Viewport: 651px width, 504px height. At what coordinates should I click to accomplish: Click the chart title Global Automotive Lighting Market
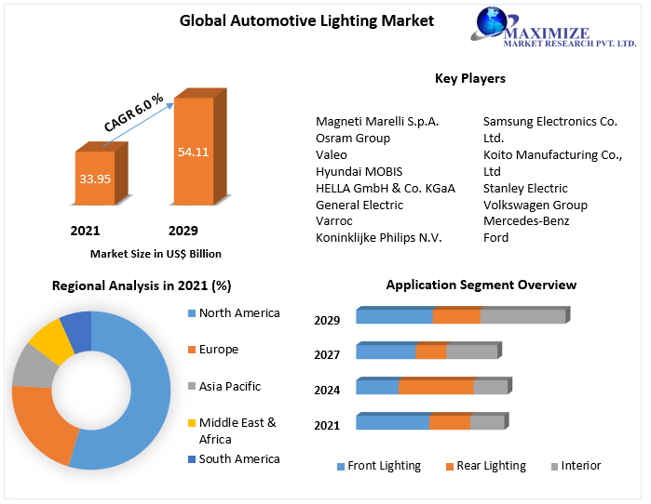click(306, 20)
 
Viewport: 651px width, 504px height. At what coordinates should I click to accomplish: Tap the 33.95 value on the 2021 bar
click(94, 178)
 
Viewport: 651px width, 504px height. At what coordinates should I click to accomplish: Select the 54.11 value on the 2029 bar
click(193, 151)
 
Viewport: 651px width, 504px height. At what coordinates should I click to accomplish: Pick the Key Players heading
click(470, 78)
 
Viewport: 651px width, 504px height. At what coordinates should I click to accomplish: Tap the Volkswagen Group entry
click(535, 205)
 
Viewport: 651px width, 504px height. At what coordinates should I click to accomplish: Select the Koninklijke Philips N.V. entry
click(378, 238)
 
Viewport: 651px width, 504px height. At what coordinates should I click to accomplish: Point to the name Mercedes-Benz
click(525, 221)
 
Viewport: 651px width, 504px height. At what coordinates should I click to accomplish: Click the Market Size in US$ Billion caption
click(156, 253)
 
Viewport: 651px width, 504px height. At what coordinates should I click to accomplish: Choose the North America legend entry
click(238, 312)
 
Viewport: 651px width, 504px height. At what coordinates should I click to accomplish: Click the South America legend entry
click(238, 458)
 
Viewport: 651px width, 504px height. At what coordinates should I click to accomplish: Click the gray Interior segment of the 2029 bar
click(522, 316)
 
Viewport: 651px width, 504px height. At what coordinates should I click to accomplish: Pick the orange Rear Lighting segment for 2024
click(436, 387)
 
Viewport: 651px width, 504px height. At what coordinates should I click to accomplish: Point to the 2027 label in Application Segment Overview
click(327, 354)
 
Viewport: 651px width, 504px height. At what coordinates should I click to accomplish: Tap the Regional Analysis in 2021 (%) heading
click(142, 285)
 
